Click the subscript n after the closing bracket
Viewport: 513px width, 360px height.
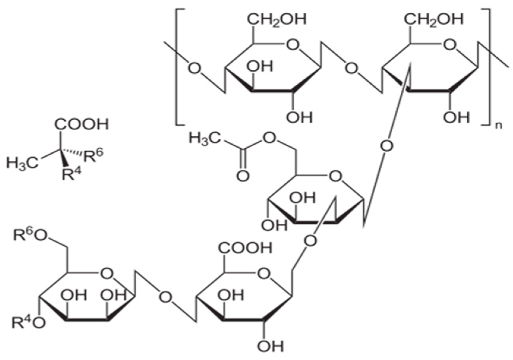tap(499, 126)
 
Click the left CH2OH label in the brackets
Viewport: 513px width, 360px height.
tap(277, 19)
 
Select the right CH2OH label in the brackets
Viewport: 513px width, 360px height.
tap(433, 19)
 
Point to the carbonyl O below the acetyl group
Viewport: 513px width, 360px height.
tap(243, 176)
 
